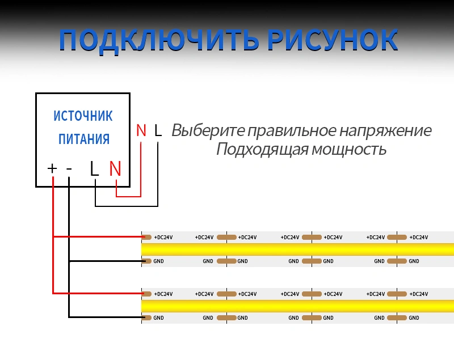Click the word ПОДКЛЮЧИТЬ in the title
click(x=158, y=40)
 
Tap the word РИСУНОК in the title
click(x=333, y=40)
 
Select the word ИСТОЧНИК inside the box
click(x=83, y=116)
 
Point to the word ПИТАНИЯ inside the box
click(x=84, y=139)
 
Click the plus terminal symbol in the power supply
click(x=52, y=168)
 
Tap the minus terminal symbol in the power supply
click(x=69, y=168)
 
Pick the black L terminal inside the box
click(x=94, y=168)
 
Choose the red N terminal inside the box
click(x=115, y=168)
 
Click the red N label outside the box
click(x=141, y=130)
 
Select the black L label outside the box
click(x=158, y=130)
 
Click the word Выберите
click(x=208, y=130)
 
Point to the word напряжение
click(x=385, y=131)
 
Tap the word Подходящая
click(x=262, y=150)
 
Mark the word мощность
click(x=349, y=150)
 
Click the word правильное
click(x=292, y=131)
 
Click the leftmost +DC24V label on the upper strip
click(x=163, y=238)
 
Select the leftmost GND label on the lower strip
click(x=158, y=318)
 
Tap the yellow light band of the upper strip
click(x=297, y=249)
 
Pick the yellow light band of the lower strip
click(x=297, y=306)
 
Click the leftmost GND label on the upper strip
click(x=158, y=261)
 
